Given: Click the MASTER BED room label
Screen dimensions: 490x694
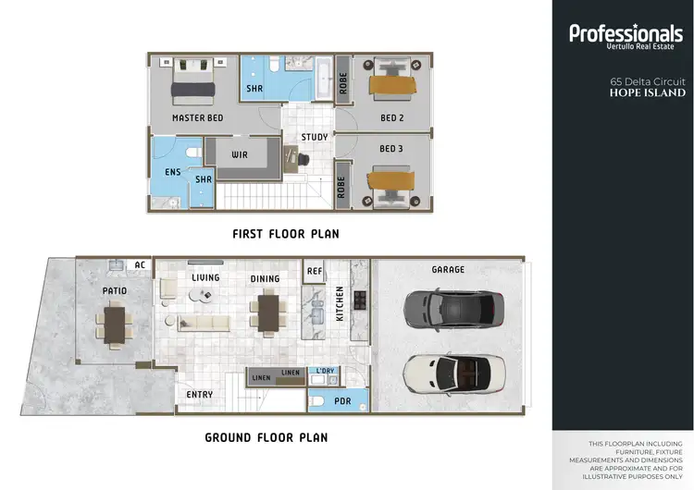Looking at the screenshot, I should (x=197, y=119).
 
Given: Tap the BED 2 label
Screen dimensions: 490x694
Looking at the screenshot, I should (x=391, y=118).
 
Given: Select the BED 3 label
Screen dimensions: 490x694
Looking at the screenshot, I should (x=391, y=149).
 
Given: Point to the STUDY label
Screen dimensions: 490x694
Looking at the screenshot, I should (x=315, y=138).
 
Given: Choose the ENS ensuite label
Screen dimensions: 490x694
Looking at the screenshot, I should (x=172, y=172).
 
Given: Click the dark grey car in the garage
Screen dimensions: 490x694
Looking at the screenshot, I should (x=451, y=310).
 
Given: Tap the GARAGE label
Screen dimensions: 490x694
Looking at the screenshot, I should (x=448, y=270).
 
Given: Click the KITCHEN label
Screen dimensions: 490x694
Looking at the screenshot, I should (x=341, y=303).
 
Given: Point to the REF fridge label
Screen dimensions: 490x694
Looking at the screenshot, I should (x=315, y=272).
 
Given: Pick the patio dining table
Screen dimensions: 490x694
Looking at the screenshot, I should (x=116, y=325).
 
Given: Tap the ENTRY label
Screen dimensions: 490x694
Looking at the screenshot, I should (x=200, y=395).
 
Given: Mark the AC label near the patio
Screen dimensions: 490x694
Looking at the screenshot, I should (x=141, y=264).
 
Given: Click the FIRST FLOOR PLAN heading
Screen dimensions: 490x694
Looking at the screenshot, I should (x=285, y=235).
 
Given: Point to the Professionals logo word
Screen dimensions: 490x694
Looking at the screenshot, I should (x=626, y=34).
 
